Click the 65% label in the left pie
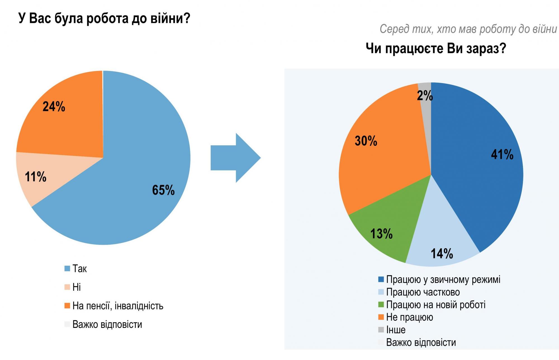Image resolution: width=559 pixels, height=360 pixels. point(163,190)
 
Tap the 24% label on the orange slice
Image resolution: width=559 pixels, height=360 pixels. point(54,107)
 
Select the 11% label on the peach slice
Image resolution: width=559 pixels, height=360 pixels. point(35,177)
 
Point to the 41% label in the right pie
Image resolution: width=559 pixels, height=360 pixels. point(502,154)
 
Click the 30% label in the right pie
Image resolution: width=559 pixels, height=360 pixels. point(366,141)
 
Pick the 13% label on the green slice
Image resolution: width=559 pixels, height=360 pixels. point(381,233)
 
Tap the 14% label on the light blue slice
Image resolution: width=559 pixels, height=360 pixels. point(442,254)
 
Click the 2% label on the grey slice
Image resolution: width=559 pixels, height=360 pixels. point(425,96)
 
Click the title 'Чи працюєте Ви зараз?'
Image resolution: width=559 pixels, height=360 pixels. point(436,49)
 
